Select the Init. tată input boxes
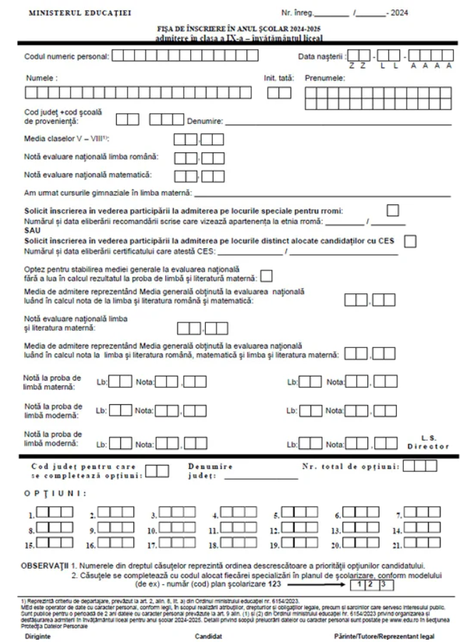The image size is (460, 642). click(278, 92)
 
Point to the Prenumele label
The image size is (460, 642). click(325, 78)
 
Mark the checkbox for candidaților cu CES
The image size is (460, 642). click(410, 241)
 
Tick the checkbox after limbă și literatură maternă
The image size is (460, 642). click(267, 277)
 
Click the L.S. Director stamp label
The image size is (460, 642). click(428, 443)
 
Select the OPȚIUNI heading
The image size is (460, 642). click(55, 493)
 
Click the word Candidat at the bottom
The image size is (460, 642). click(209, 636)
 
